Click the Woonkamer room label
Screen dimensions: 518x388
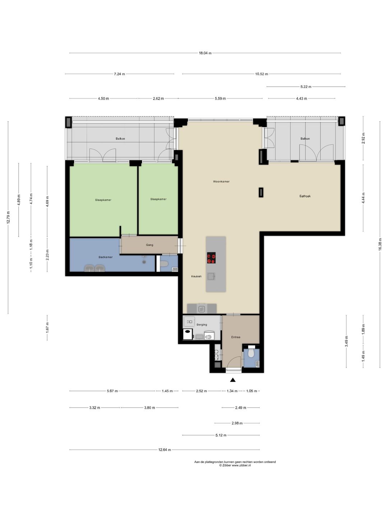[x=221, y=182]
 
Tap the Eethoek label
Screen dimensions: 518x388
[x=305, y=196]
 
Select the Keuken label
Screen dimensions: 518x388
[x=196, y=276]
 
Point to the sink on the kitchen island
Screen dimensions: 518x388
[x=211, y=276]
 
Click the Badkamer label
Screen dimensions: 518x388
[x=106, y=257]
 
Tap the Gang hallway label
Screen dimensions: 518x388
[x=149, y=245]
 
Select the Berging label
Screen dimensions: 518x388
[x=202, y=324]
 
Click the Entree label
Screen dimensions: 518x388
[x=236, y=337]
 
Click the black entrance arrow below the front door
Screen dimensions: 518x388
[x=233, y=380]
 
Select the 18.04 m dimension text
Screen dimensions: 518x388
[x=205, y=53]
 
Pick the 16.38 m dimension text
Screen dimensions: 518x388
[x=380, y=244]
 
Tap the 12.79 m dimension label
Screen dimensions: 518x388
[x=8, y=217]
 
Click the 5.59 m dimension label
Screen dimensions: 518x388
[x=220, y=99]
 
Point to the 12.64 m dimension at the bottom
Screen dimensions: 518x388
[x=165, y=450]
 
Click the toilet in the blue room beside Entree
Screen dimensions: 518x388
[x=251, y=353]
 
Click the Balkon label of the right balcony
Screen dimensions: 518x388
[x=305, y=138]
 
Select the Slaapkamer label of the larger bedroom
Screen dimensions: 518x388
[x=103, y=200]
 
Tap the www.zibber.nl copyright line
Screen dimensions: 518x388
[x=235, y=465]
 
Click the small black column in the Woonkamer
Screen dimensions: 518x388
[x=261, y=192]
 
